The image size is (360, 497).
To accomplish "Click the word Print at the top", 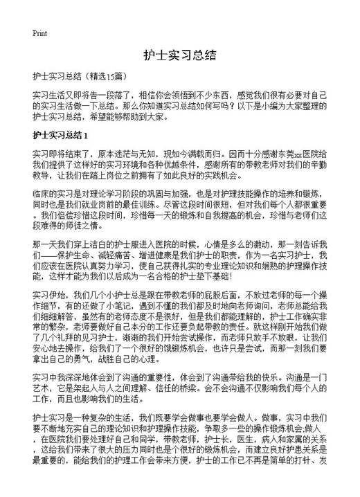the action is pos(39,33).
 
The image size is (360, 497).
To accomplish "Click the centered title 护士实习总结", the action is pos(180,55).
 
